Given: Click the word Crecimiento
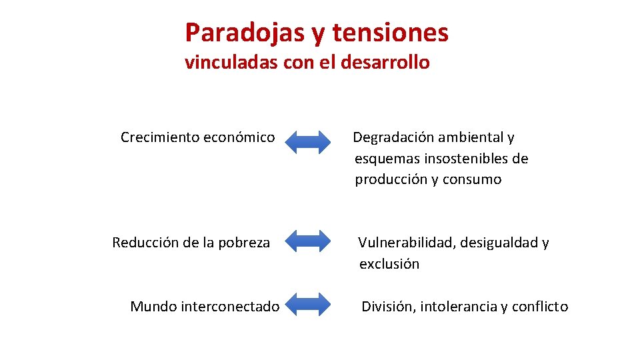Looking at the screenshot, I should (159, 137).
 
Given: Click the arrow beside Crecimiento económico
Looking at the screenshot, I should (307, 142).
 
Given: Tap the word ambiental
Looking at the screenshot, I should (475, 137).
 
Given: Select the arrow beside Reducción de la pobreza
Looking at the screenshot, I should (307, 241).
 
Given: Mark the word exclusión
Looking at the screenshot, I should (389, 264).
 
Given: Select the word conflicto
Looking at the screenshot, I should (540, 307).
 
